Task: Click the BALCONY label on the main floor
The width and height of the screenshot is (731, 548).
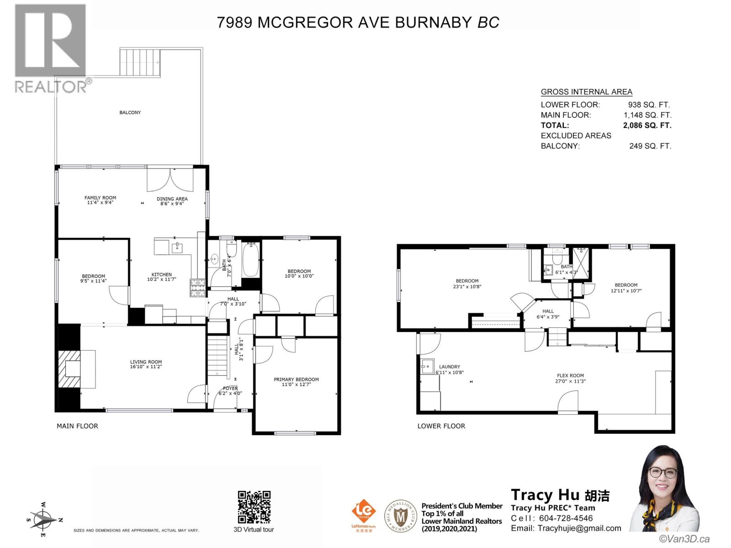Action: click(x=130, y=112)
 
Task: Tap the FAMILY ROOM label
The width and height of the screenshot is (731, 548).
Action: click(x=100, y=198)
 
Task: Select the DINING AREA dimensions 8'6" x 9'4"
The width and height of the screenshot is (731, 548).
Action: click(x=172, y=204)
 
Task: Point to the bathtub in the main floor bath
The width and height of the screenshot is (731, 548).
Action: click(x=250, y=260)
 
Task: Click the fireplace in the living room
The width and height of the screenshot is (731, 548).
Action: click(x=72, y=369)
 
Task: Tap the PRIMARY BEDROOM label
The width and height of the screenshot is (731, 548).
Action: click(x=296, y=379)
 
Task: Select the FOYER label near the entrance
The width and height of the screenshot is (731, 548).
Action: click(x=230, y=388)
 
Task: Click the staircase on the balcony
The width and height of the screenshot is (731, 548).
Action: click(x=140, y=63)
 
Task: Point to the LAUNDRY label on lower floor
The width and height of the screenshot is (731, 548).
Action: click(x=449, y=367)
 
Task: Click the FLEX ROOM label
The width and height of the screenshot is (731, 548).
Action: click(x=570, y=375)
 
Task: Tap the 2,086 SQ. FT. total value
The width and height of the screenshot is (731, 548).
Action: click(x=647, y=125)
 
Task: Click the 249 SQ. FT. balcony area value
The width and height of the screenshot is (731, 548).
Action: click(x=650, y=146)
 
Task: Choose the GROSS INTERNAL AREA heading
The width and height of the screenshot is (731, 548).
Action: click(x=586, y=92)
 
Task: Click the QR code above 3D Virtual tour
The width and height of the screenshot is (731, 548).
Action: click(x=254, y=507)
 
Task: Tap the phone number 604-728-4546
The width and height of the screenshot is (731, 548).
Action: click(x=566, y=518)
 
